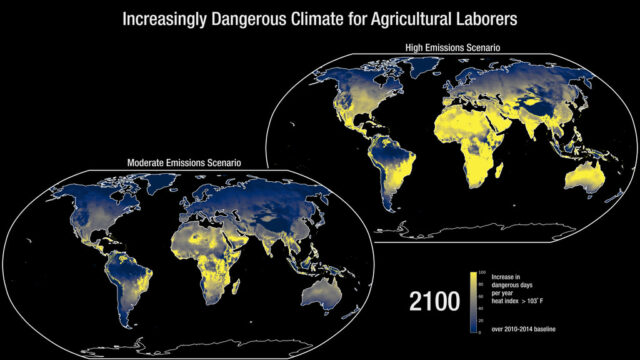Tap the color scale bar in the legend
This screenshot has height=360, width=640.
pyautogui.click(x=473, y=301)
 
